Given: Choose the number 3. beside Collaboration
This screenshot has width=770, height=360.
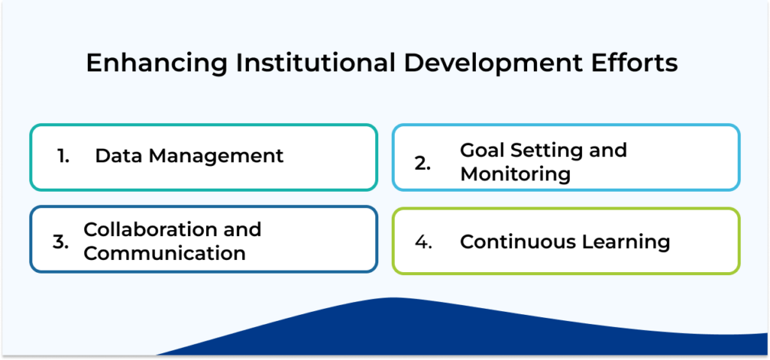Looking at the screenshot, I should pyautogui.click(x=61, y=241).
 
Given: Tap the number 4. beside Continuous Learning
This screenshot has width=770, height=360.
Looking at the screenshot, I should pyautogui.click(x=423, y=241).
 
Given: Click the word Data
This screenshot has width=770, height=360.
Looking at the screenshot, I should pyautogui.click(x=120, y=156).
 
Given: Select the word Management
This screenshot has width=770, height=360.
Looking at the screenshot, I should pyautogui.click(x=217, y=156).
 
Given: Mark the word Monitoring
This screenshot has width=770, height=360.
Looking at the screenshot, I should pyautogui.click(x=515, y=174).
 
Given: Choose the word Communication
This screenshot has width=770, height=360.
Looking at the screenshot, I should pyautogui.click(x=164, y=253).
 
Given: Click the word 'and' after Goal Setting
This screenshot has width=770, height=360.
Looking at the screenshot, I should pyautogui.click(x=606, y=150).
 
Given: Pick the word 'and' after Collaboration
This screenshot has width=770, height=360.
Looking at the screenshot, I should pyautogui.click(x=243, y=229).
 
